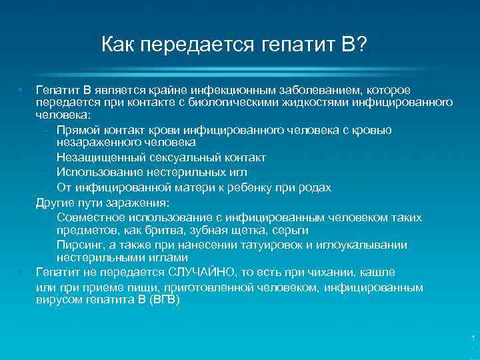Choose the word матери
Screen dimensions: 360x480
click(x=188, y=187)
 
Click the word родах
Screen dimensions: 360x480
click(x=313, y=187)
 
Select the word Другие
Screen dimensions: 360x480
click(x=56, y=202)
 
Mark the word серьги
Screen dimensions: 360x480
click(x=291, y=229)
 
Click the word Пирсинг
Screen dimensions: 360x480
click(x=79, y=245)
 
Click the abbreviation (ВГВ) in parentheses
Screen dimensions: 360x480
click(x=165, y=299)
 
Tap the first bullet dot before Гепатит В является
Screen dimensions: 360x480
click(x=22, y=89)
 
